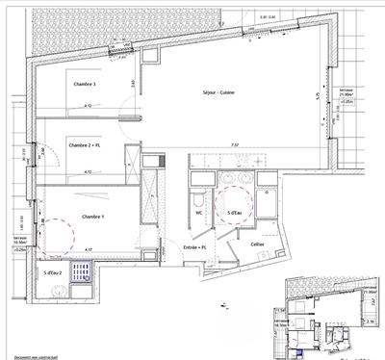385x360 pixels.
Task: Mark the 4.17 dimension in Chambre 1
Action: pyautogui.click(x=90, y=250)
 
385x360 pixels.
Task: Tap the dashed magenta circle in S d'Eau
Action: pyautogui.click(x=235, y=205)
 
